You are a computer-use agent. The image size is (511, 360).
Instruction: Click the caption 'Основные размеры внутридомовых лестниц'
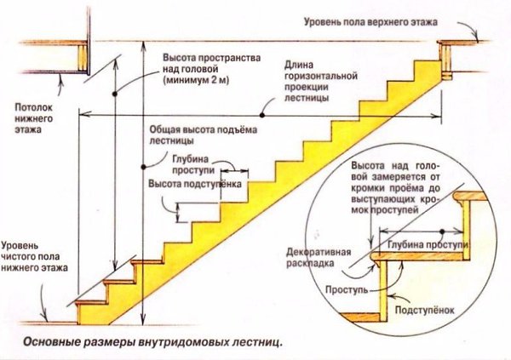152,343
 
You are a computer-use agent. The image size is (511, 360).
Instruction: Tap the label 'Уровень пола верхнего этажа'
370,22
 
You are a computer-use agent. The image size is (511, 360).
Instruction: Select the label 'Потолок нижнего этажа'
33,118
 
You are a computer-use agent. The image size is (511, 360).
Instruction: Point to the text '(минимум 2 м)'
196,80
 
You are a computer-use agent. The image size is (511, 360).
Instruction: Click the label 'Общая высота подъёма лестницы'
204,134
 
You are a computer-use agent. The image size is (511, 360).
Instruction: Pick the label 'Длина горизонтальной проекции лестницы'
321,82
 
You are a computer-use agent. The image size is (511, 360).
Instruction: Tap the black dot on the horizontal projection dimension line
261,115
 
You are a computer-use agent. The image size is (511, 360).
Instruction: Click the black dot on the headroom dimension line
115,94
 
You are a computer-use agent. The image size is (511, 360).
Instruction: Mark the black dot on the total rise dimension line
143,167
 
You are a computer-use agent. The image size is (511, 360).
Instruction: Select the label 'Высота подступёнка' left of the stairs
195,184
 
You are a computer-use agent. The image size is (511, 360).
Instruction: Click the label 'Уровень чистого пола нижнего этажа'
35,256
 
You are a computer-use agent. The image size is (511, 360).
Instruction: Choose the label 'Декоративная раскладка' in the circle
319,257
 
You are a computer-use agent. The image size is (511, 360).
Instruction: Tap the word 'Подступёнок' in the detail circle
424,310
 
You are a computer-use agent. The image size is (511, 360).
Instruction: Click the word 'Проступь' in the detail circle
347,289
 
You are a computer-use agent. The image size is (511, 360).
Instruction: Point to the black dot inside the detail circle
442,231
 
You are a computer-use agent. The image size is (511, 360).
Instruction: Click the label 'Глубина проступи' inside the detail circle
428,245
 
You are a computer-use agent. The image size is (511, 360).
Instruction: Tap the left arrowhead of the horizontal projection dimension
83,114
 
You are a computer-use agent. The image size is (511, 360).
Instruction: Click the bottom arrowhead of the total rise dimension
143,320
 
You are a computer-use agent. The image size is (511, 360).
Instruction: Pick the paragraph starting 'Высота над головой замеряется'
396,187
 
